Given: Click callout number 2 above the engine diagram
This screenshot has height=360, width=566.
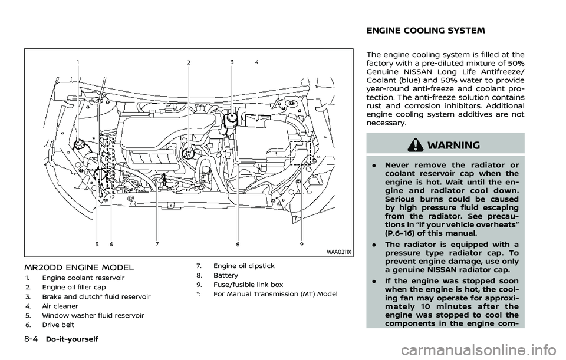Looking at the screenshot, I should pyautogui.click(x=189, y=62).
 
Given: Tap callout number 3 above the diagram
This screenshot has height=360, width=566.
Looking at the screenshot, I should pyautogui.click(x=232, y=62).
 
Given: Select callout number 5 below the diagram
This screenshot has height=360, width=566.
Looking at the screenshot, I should pyautogui.click(x=96, y=243).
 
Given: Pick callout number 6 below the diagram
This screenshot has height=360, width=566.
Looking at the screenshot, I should pyautogui.click(x=110, y=243).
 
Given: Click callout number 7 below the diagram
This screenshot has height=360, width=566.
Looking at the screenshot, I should pyautogui.click(x=157, y=243).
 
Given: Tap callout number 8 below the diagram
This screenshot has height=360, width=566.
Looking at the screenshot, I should pyautogui.click(x=237, y=243).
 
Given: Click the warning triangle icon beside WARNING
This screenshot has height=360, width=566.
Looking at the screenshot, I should pyautogui.click(x=423, y=143).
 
